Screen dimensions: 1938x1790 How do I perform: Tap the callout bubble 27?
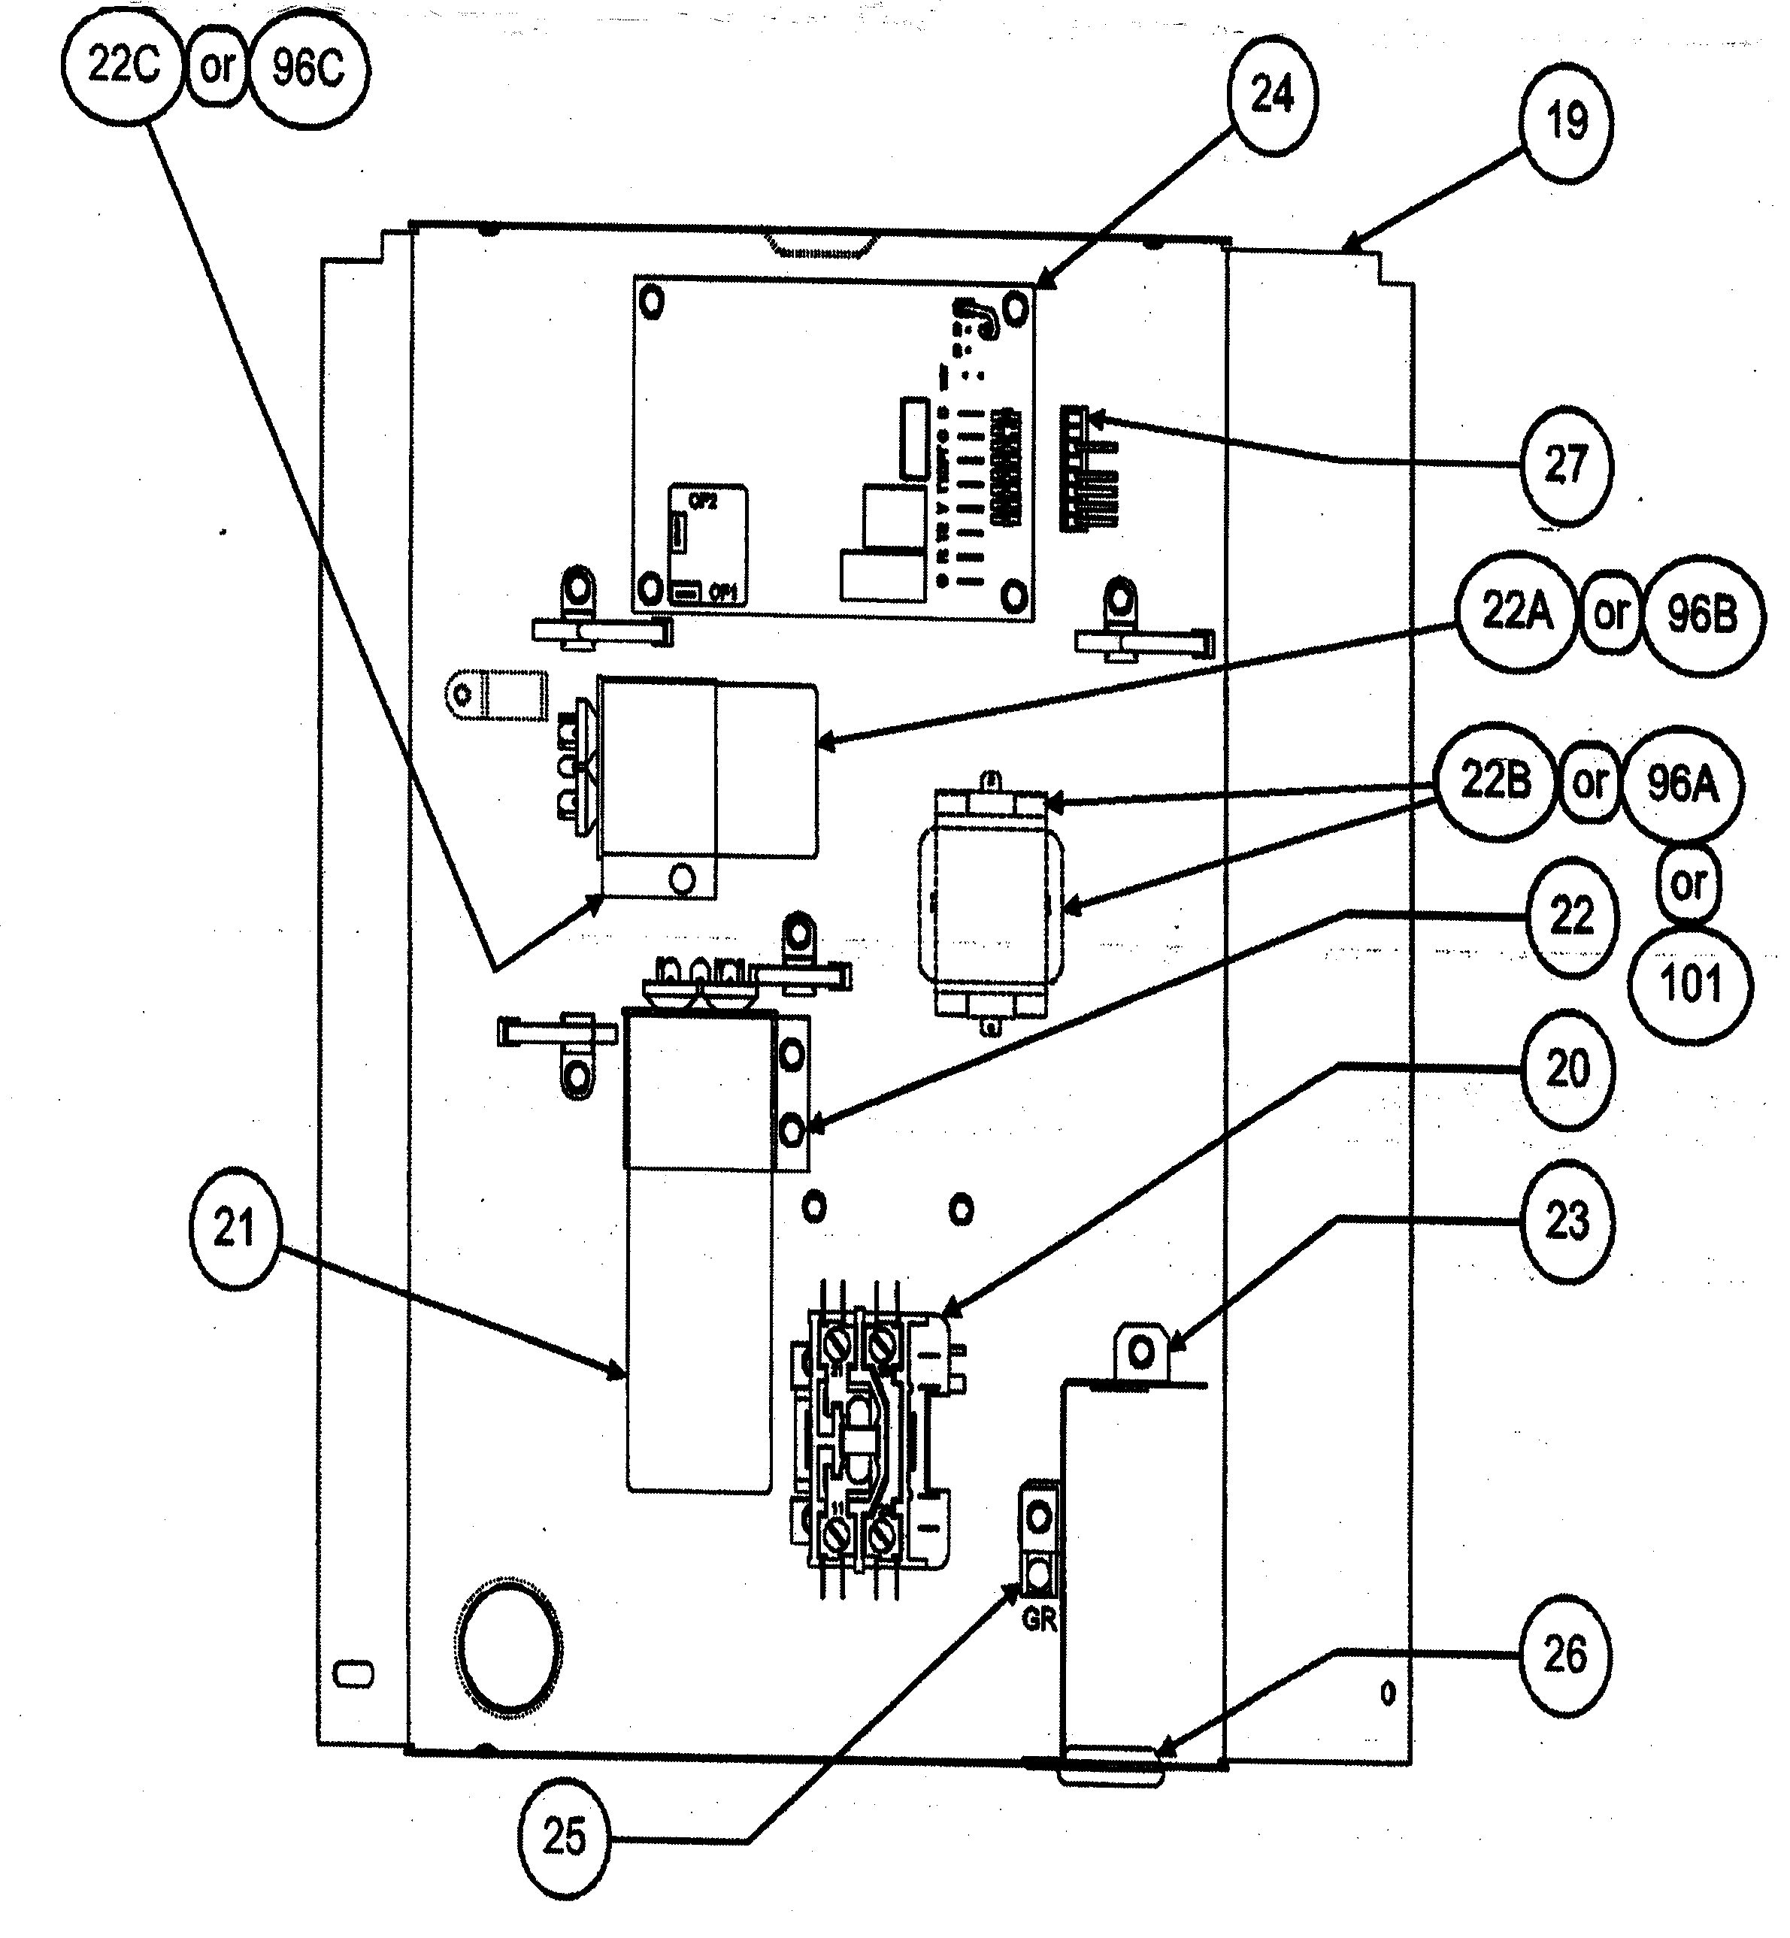[x=1566, y=466]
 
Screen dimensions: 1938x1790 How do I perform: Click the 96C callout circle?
[x=308, y=68]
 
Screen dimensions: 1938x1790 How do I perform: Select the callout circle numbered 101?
[x=1692, y=985]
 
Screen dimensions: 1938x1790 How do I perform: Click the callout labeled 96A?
[x=1683, y=783]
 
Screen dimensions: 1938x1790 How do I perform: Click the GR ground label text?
[x=1038, y=1619]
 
